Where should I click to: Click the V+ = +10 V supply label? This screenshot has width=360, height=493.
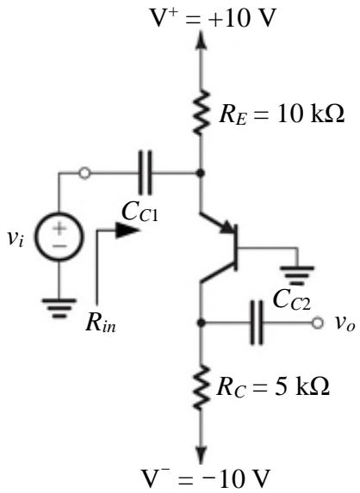pos(213,17)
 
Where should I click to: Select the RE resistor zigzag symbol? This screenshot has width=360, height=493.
pos(201,114)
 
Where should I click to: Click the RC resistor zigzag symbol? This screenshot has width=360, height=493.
pos(201,387)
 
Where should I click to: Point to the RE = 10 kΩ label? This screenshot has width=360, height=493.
pos(282,114)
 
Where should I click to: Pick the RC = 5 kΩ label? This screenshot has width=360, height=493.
pos(273,386)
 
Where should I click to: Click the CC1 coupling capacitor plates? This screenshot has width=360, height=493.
pos(145,173)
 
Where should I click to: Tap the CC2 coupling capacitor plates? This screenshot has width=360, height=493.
pos(257,323)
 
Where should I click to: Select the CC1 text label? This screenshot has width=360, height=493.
pos(140,213)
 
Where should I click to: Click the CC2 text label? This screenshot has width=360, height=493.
pos(292,300)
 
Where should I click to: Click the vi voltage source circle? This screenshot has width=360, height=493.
pos(59,237)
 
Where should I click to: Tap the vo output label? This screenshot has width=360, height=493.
pos(344,324)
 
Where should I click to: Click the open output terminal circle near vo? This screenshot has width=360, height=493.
pos(318,323)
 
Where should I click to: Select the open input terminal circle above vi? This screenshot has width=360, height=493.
pos(84,173)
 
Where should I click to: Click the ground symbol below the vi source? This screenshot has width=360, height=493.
pos(59,308)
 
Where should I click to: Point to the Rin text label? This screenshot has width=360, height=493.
pos(101,323)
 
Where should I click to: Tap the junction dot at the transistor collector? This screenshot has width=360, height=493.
pos(201,323)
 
